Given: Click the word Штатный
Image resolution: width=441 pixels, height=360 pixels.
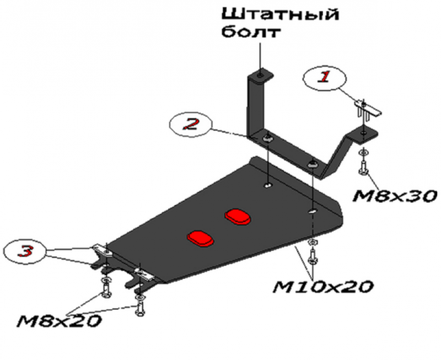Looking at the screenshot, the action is coord(281,14).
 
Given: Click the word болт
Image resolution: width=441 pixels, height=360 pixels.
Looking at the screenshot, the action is coord(251,32).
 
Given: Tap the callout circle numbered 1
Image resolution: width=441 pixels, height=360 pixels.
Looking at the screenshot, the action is coord(325,78).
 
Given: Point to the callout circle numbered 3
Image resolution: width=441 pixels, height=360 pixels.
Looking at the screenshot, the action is coord(25,251).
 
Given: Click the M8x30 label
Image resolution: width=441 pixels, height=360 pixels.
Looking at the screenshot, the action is coord(395,196).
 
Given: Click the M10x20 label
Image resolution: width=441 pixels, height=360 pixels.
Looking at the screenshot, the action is coord(323,287).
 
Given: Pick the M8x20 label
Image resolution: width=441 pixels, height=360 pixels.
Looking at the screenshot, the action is coord(59,321).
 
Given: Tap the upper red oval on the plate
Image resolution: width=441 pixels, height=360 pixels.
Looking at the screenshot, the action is coord(238,217).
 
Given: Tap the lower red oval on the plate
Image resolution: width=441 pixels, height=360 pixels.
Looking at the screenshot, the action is coord(201,239).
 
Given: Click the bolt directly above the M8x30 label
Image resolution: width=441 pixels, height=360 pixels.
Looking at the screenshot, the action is coord(363,168).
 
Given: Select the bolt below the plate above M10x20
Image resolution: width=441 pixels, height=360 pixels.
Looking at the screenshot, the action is coord(313,256).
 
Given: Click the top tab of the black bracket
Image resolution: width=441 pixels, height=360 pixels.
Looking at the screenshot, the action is coord(260,76).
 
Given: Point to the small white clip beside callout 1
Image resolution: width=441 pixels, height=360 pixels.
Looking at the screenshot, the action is coord(367,109).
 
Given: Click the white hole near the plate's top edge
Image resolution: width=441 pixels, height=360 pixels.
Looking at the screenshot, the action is coord(268,185).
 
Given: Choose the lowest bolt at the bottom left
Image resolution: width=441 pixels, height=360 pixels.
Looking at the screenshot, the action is coord(140,309).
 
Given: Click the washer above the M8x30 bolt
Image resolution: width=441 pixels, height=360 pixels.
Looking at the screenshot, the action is coord(363,153).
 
